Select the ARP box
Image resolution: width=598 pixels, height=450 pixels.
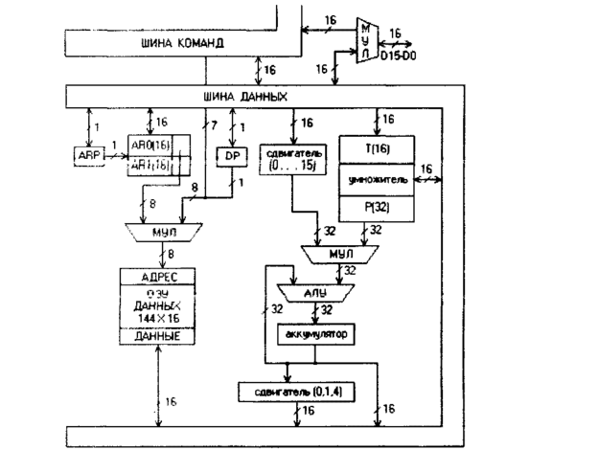point(87,153)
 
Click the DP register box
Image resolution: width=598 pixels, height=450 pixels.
point(231,154)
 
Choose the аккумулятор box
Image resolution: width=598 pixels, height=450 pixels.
point(315,335)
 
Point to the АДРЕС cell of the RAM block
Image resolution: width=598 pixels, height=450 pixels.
point(160,277)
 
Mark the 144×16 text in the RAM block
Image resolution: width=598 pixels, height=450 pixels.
point(159,320)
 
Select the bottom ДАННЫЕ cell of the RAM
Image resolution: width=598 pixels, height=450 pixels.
point(159,337)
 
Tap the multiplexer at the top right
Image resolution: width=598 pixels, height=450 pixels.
point(365,40)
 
